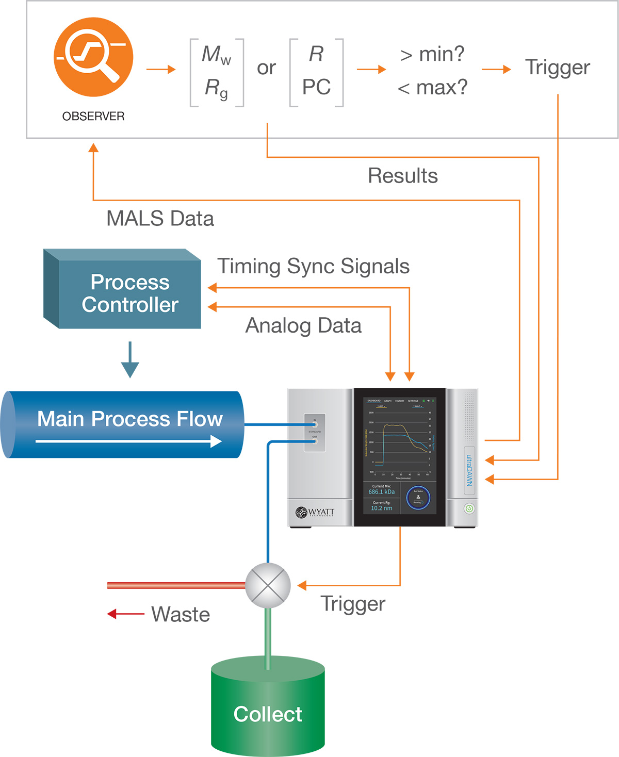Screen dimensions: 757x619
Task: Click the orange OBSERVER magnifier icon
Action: [93, 57]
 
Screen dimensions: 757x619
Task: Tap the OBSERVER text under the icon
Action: [93, 117]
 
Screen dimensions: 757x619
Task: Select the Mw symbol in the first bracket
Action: [216, 55]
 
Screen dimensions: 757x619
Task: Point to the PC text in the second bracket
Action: [316, 87]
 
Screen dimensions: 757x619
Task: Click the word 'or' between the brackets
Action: [266, 68]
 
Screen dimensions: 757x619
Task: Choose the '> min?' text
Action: [432, 54]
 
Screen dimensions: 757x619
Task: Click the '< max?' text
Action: [432, 88]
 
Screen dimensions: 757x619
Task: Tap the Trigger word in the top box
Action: [557, 68]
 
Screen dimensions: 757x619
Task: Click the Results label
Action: [402, 176]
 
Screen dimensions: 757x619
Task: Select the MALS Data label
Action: [160, 219]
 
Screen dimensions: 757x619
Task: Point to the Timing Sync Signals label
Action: [313, 267]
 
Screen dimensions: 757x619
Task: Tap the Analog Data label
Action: [303, 326]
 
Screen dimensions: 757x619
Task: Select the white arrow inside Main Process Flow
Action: [129, 441]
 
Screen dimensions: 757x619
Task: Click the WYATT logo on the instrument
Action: [315, 512]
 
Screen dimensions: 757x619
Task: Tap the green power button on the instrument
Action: [469, 508]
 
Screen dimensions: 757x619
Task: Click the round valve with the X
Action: [268, 585]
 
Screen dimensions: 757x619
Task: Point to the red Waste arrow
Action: [125, 614]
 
